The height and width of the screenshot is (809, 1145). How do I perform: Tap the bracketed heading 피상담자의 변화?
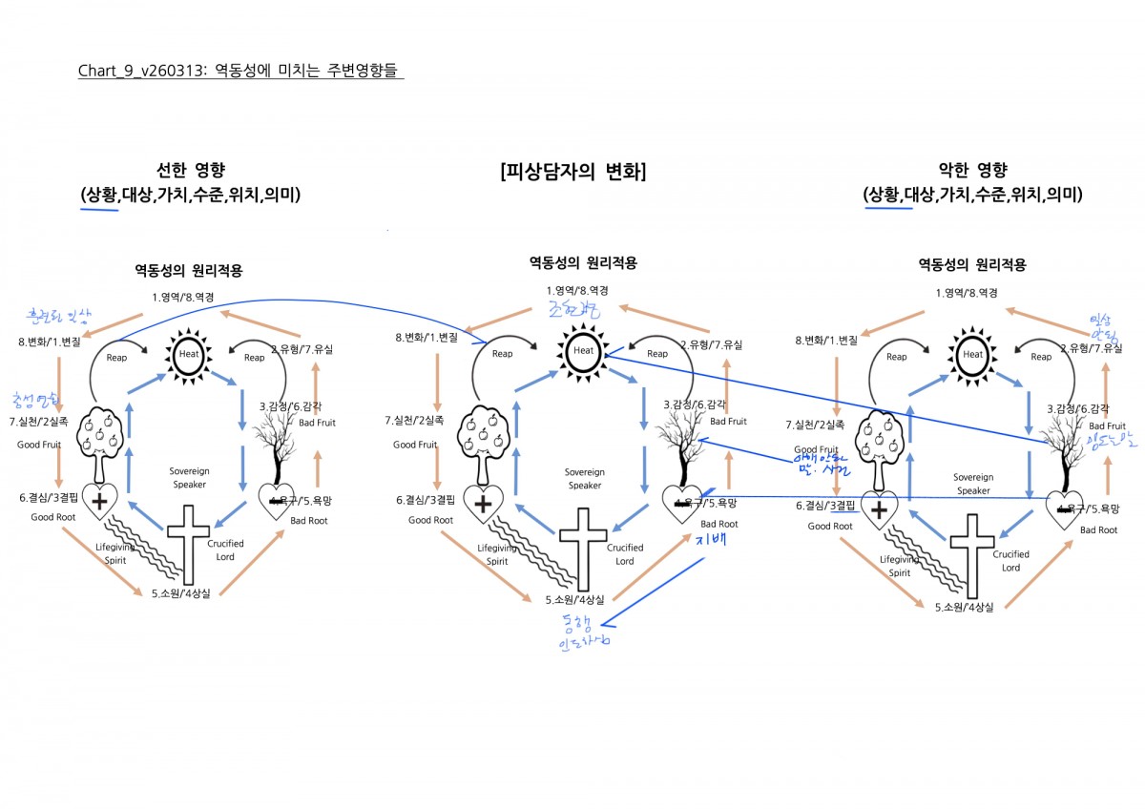click(572, 172)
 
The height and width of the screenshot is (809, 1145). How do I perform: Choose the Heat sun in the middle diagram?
click(584, 351)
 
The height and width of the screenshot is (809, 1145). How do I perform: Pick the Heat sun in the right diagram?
click(972, 355)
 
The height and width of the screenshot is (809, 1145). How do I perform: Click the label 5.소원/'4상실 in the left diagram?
click(187, 594)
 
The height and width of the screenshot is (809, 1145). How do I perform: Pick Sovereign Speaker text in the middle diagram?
click(584, 478)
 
